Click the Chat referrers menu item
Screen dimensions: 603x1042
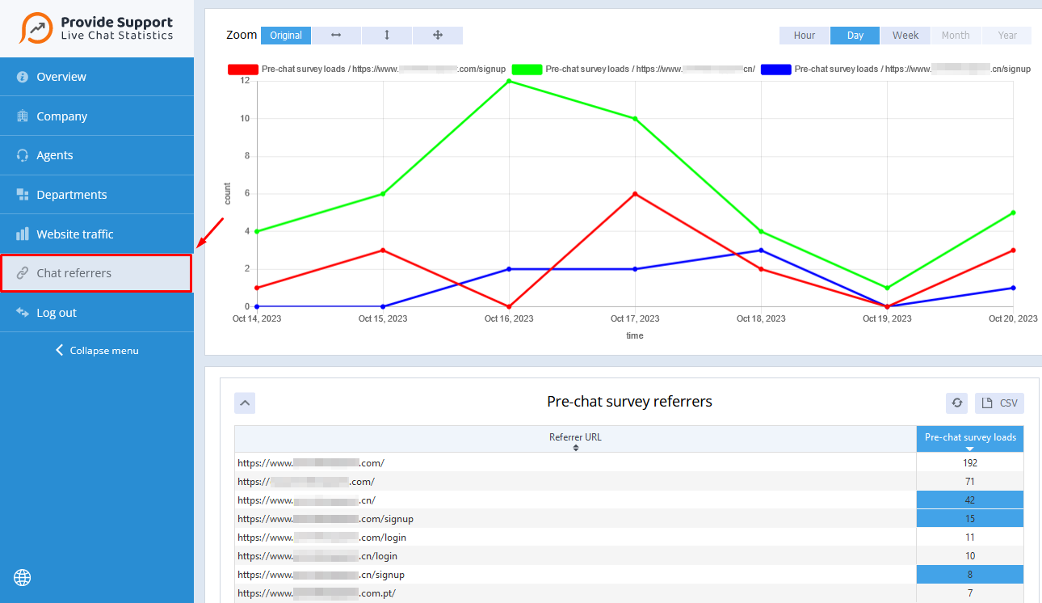pos(95,273)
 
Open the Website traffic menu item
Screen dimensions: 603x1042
pos(74,234)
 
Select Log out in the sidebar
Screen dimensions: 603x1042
pos(57,313)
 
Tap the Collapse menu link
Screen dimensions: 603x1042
pos(97,351)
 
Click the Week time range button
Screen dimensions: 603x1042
pos(905,36)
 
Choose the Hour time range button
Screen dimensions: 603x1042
pos(805,36)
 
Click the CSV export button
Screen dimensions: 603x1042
pos(1000,403)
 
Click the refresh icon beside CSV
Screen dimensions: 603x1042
pos(957,403)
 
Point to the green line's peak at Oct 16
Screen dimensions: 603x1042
pos(509,81)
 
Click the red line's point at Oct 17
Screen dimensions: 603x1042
pos(635,194)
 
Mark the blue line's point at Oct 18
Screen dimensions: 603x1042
pos(761,251)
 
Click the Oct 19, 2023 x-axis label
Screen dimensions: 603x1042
pos(887,318)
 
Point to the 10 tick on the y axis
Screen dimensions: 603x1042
pos(245,119)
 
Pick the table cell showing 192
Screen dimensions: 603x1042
pos(969,463)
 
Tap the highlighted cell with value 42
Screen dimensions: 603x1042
pos(969,500)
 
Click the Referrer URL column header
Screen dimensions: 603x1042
pos(575,438)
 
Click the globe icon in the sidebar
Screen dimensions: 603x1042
pos(23,577)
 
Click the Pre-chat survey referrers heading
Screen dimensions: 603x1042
pos(629,402)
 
